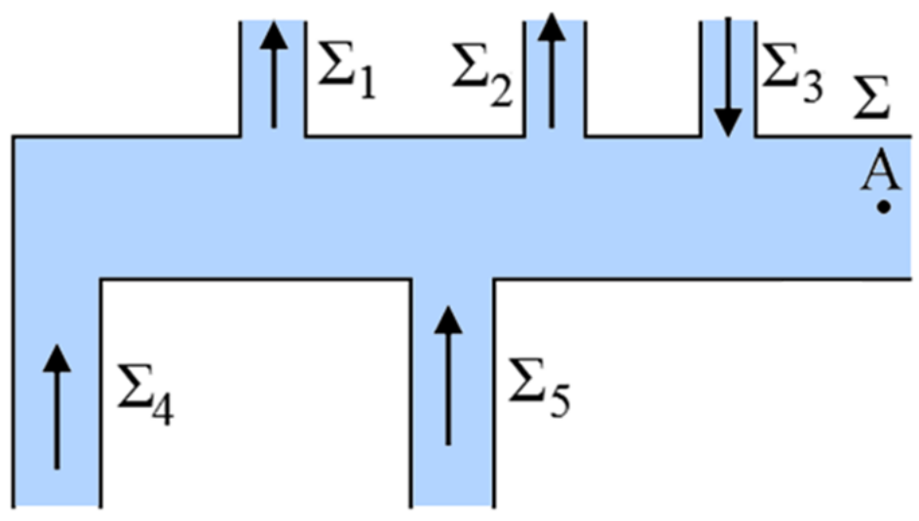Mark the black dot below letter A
coord(882,206)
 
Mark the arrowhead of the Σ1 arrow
coord(274,35)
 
